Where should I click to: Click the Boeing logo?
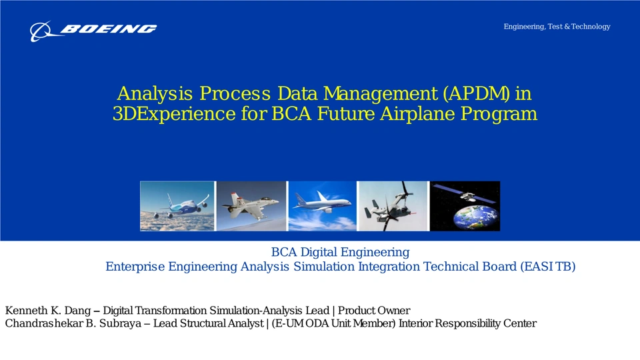coord(93,31)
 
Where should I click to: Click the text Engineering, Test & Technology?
coord(557,27)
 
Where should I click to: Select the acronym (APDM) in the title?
coord(476,93)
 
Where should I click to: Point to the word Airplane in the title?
coord(417,114)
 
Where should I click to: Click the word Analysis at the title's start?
coord(155,94)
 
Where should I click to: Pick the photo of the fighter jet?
coord(251,206)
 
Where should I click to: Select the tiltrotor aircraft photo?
coord(393,206)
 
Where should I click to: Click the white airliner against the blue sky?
coord(322,203)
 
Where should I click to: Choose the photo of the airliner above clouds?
coord(177,206)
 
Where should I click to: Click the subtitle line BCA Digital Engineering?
coord(341,252)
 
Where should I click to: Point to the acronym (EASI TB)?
coord(548,267)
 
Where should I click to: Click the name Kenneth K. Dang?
coord(48,311)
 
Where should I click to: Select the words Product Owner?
coord(374,311)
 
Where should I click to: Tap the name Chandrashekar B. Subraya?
coord(73,323)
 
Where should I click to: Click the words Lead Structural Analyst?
coord(208,323)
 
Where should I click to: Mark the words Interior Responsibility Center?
coord(467,323)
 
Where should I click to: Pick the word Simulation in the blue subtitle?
coord(324,267)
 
